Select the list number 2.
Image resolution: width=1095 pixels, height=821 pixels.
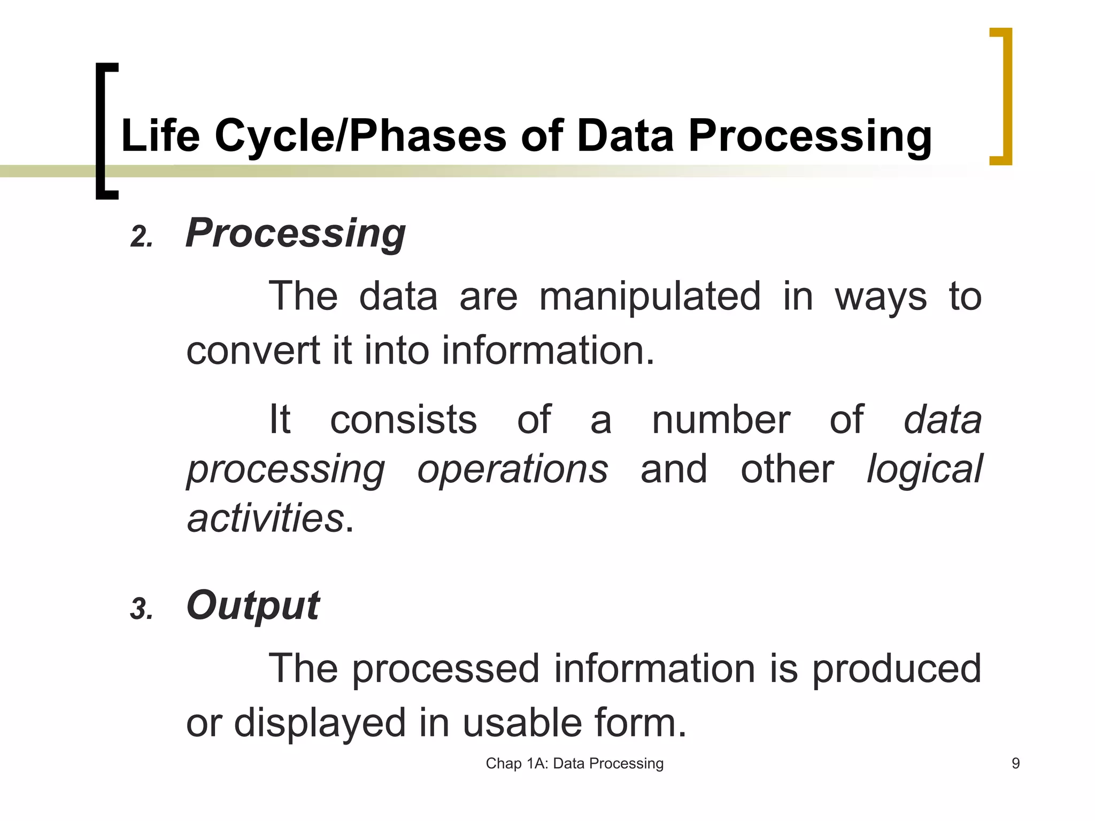coord(141,237)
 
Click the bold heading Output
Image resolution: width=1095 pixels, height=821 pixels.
coord(252,606)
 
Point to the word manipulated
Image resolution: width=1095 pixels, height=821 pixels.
coord(649,297)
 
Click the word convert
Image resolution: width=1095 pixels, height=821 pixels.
coord(254,351)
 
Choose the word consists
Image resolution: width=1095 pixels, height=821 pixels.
coord(403,420)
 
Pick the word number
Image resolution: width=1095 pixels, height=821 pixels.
coord(720,420)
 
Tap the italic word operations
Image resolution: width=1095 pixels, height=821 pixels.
coord(512,469)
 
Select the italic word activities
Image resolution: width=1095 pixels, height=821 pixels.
coord(265,518)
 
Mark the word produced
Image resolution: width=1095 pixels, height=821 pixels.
coord(897,669)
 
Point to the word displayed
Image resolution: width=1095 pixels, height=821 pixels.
coord(320,723)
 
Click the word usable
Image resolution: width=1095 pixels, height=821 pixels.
coord(521,723)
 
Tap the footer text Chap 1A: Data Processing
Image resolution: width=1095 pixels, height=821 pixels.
coord(574,763)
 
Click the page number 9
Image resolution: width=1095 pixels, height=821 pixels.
coord(1015,763)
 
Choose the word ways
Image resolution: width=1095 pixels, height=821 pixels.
coord(880,298)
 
